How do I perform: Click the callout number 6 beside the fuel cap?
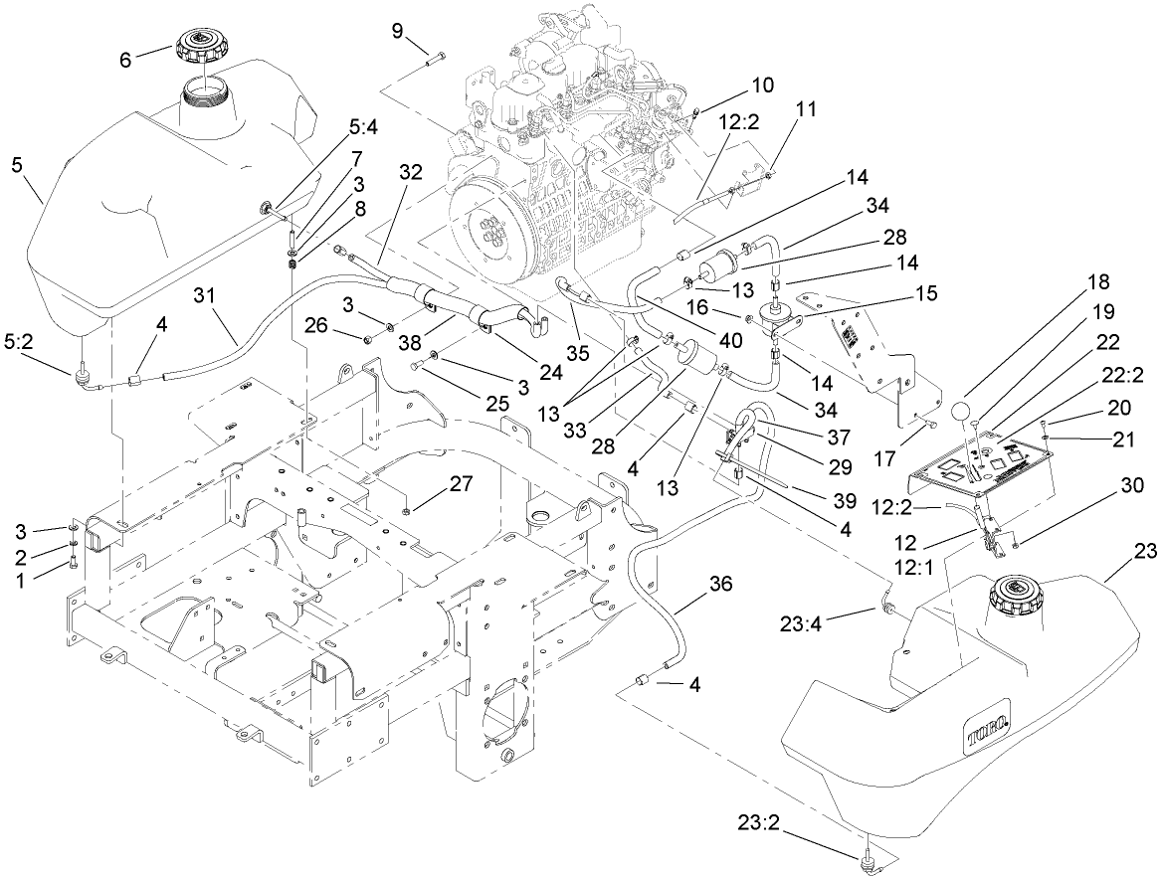(126, 60)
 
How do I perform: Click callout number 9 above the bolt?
(397, 31)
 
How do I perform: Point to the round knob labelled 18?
(959, 411)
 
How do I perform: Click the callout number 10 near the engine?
(762, 85)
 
